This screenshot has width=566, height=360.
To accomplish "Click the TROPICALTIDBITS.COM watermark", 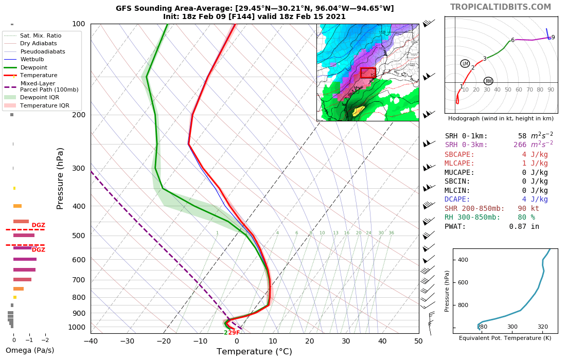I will click(501, 7).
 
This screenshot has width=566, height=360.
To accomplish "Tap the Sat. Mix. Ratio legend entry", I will click(41, 35).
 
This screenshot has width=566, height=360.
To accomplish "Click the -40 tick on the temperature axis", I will click(91, 341).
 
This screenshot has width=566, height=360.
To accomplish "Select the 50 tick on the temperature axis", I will click(418, 341).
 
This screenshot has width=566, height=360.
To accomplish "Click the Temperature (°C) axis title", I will click(254, 352).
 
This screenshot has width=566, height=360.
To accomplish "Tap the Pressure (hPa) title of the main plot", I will click(60, 178).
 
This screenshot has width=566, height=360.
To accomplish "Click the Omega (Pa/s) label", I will click(30, 351).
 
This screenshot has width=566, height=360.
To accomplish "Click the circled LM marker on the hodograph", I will click(465, 64).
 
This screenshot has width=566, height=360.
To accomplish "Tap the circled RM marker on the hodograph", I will click(488, 81).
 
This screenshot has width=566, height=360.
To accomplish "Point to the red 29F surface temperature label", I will click(234, 333).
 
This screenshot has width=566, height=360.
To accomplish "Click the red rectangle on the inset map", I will click(368, 73).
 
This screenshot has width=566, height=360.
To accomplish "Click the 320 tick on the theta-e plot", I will click(543, 327).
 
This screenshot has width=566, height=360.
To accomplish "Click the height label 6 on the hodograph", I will click(512, 40).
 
